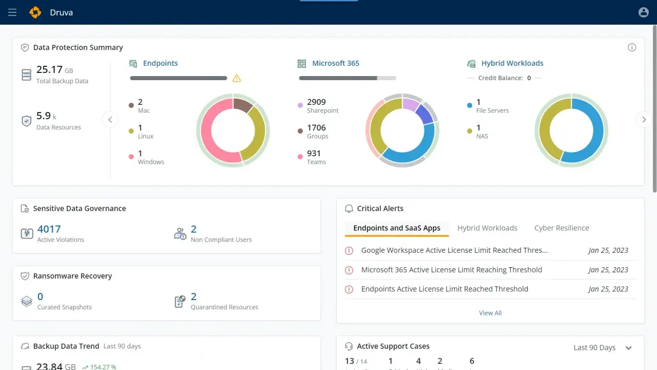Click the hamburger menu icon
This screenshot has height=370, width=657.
click(12, 12)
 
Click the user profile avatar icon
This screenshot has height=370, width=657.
click(643, 12)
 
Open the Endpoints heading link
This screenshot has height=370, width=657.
click(160, 63)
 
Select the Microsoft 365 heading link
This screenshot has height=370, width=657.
click(336, 63)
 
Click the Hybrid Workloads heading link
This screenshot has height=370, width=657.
click(512, 63)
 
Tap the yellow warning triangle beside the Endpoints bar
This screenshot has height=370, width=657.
click(237, 79)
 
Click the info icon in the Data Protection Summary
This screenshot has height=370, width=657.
click(632, 47)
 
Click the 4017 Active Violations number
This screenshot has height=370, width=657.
click(49, 229)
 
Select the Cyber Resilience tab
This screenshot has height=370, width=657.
click(562, 228)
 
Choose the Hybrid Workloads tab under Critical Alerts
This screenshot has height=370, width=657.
click(487, 228)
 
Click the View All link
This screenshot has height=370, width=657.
click(490, 313)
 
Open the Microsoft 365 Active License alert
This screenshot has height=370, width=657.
click(451, 270)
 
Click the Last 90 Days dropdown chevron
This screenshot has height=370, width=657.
click(629, 348)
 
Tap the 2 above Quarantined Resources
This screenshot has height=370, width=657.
click(194, 297)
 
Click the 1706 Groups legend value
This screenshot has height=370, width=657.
click(316, 127)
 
